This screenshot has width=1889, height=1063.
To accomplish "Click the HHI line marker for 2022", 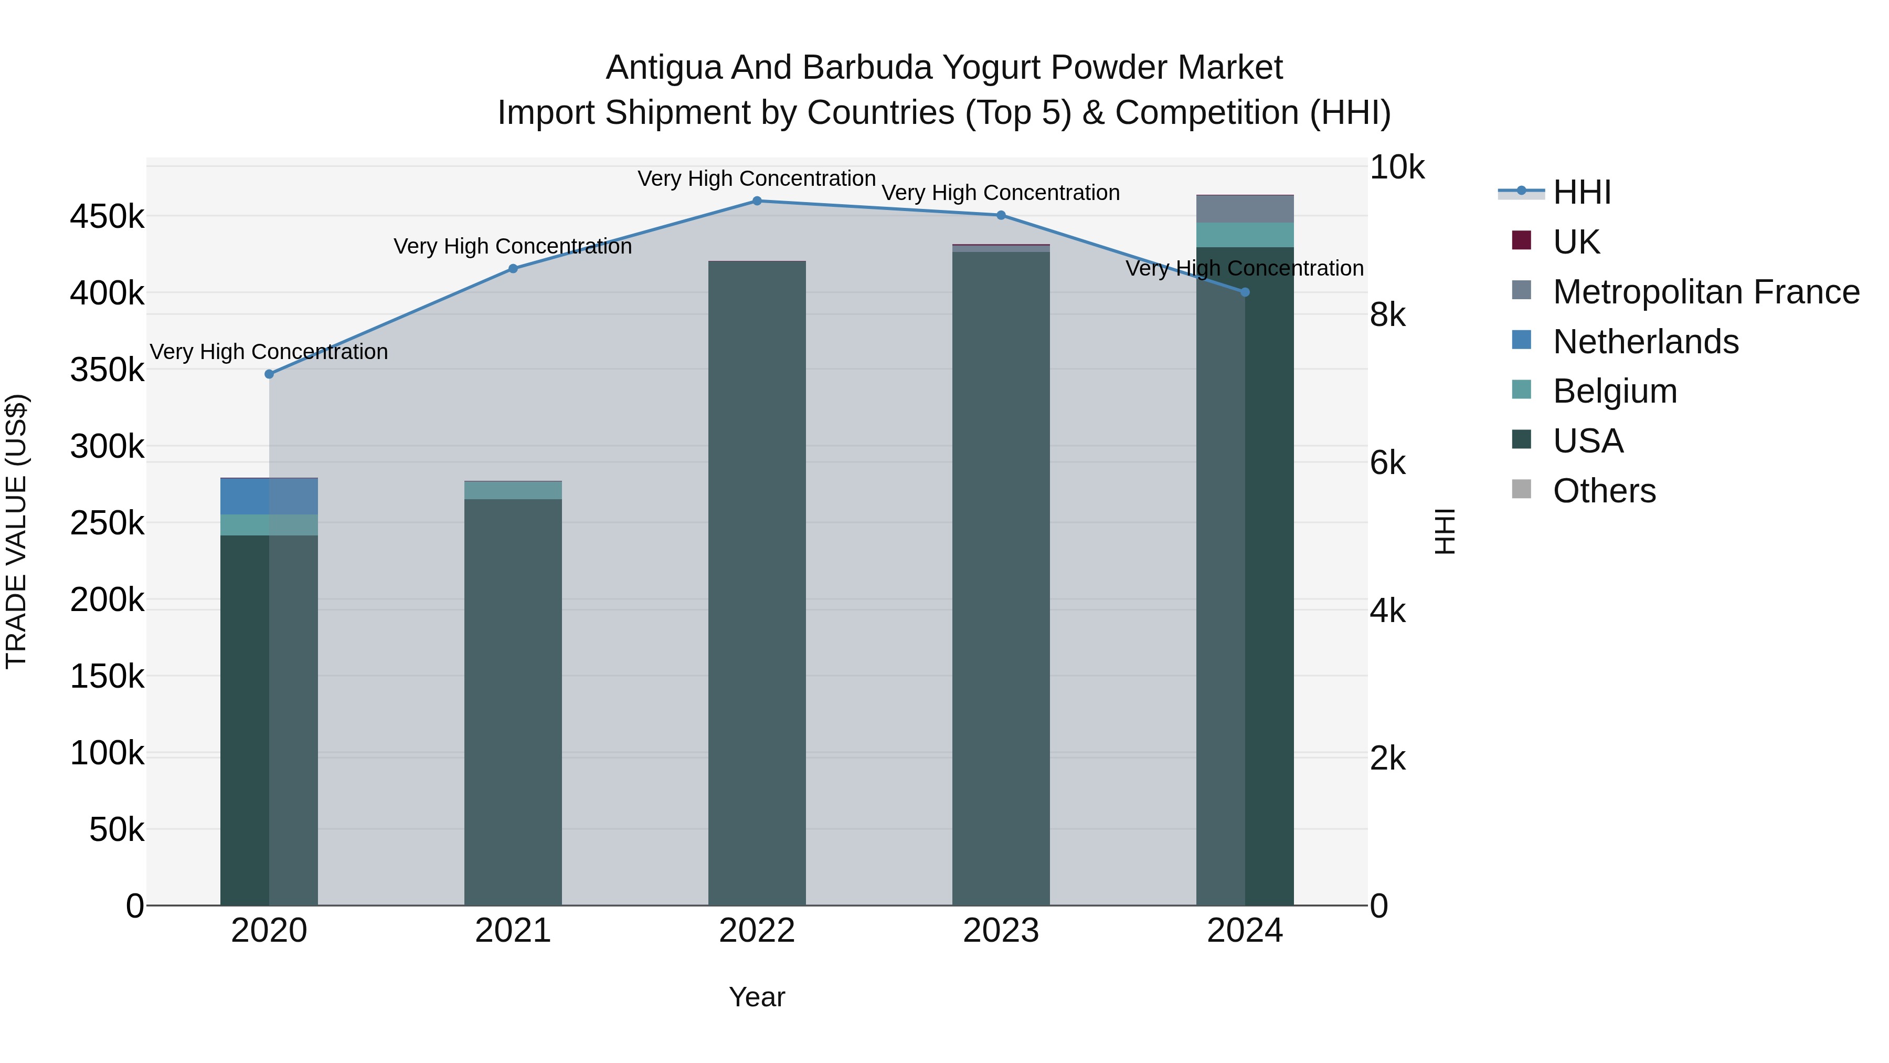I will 757,201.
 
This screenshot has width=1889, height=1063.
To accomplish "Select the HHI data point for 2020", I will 269,374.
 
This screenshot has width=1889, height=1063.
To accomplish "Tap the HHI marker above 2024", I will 1245,292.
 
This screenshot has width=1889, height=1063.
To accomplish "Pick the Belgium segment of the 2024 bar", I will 1245,235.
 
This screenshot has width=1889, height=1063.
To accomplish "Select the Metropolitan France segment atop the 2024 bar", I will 1245,209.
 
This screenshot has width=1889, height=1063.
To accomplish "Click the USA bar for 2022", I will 757,587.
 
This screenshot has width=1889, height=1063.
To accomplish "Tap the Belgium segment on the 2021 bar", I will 513,491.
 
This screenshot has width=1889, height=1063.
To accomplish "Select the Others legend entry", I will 1604,491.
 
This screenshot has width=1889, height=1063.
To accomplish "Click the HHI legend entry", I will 1582,192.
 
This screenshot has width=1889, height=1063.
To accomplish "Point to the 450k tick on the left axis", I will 107,217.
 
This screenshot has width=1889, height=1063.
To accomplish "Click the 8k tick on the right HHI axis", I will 1387,315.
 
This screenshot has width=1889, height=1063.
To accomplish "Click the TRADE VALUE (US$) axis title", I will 16,531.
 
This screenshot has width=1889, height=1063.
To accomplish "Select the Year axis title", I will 757,997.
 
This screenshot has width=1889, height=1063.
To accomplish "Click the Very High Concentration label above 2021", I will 513,247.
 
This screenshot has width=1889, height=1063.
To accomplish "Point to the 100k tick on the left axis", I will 107,753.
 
